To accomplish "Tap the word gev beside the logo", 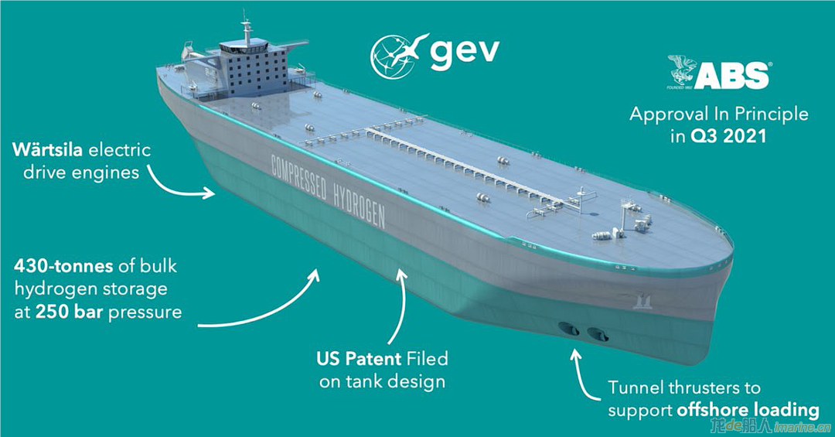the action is point(465,54).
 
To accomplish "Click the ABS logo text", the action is point(731,76).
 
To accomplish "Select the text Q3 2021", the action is point(728,136).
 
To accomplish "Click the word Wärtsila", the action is point(47,149).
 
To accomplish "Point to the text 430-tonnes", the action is point(63,265).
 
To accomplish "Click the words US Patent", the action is point(359,359).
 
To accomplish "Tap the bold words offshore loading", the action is point(748,411).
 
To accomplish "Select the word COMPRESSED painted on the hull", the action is point(298,177).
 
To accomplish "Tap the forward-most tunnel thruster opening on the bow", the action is point(598,335).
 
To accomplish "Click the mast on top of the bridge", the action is point(246,28).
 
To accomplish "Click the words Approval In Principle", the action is point(719,114).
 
